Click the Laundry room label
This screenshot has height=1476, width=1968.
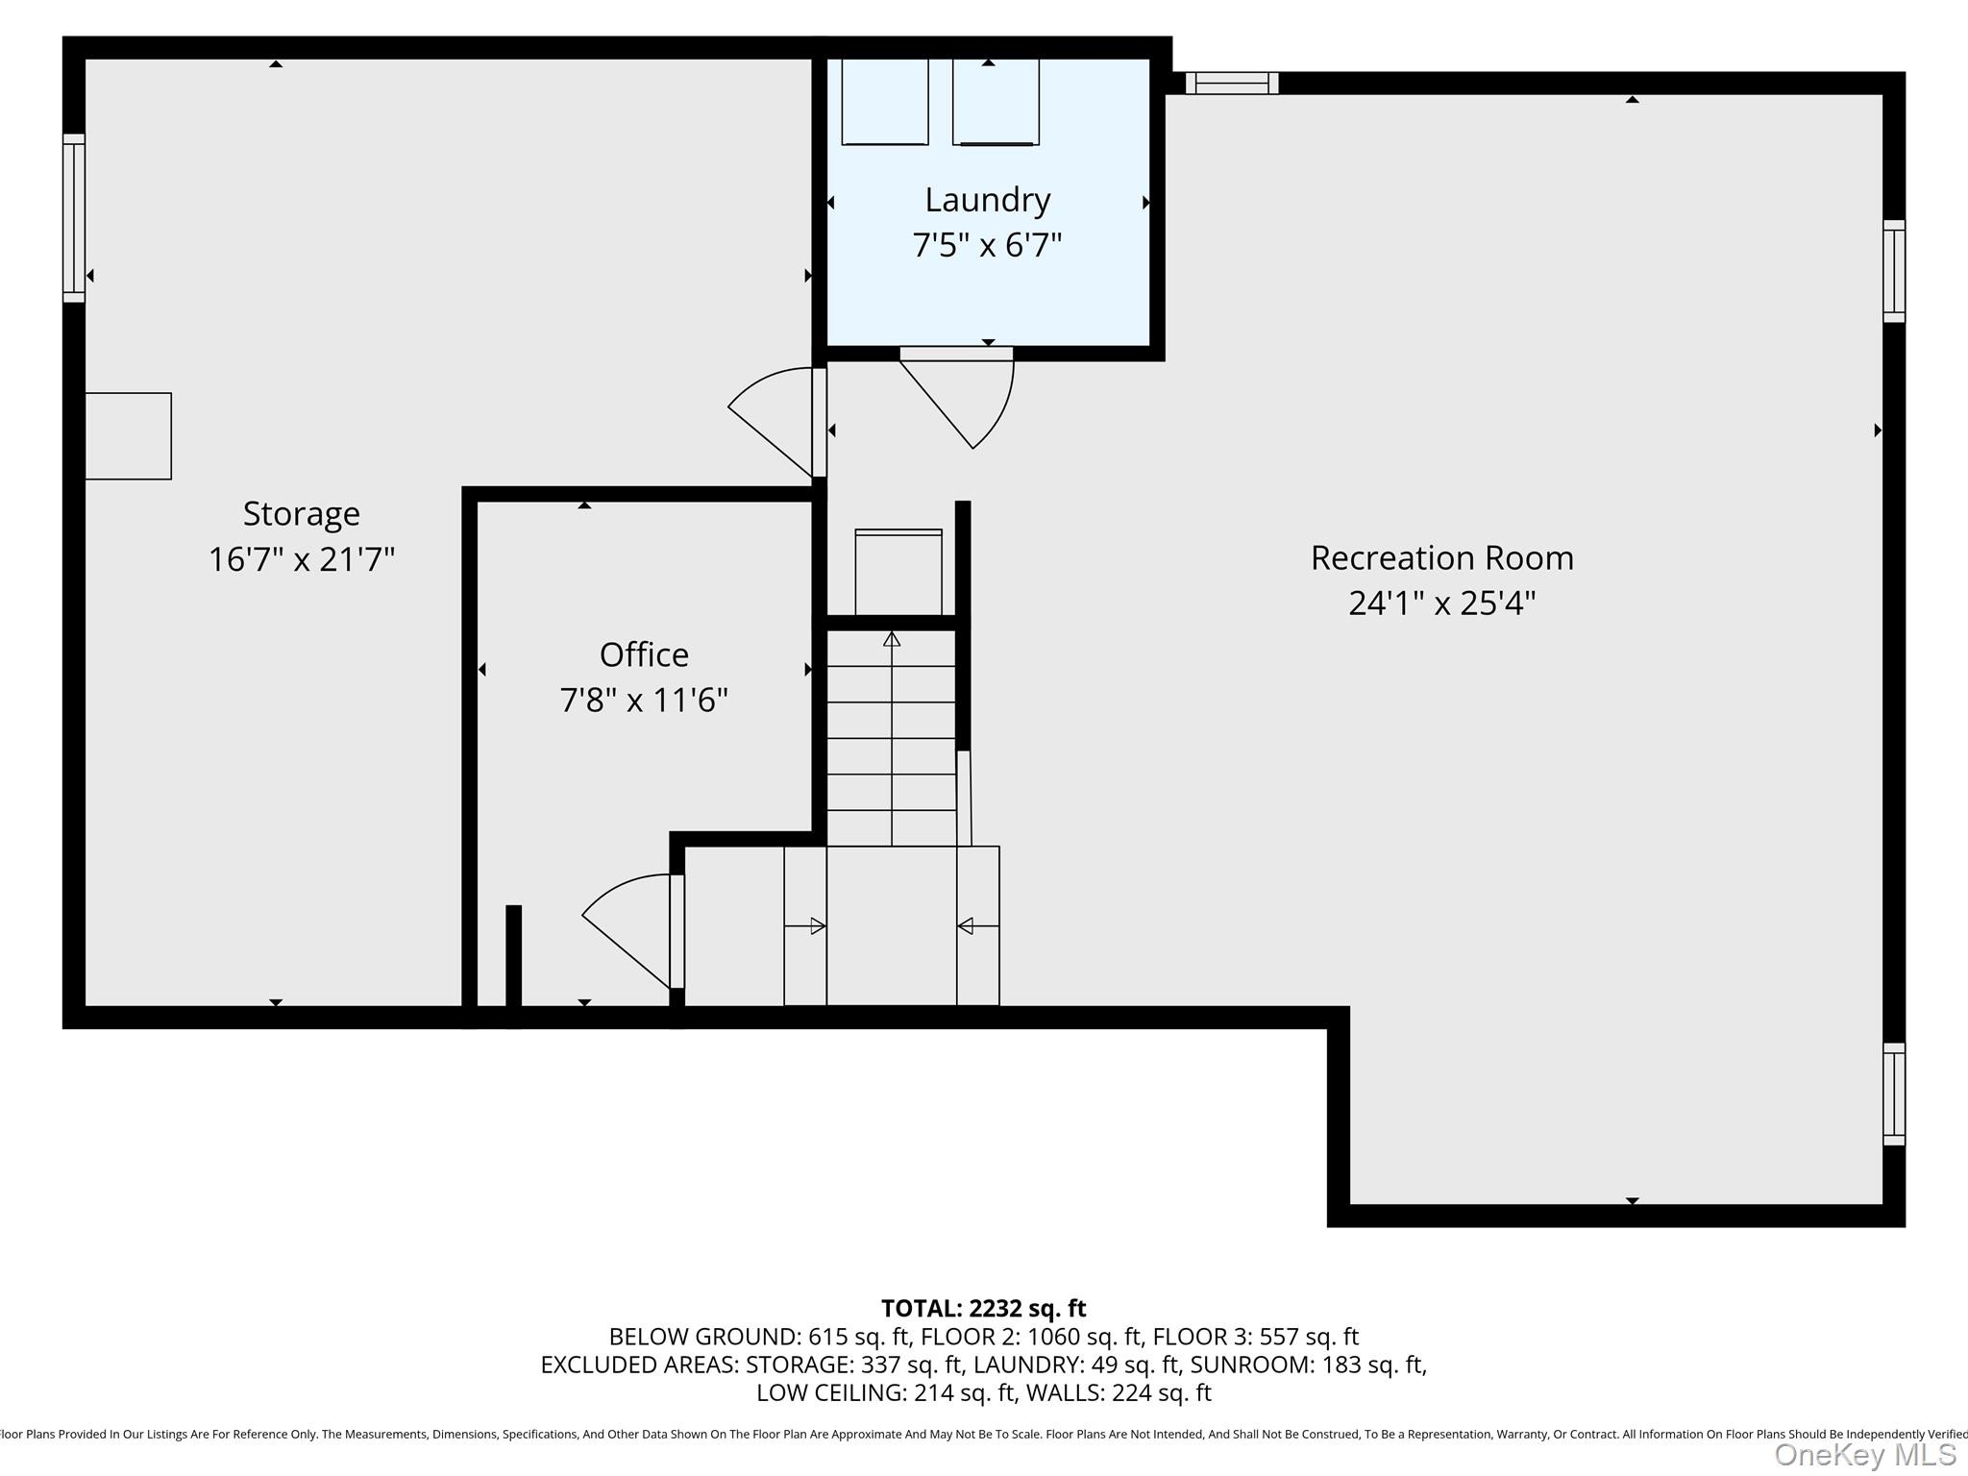(987, 200)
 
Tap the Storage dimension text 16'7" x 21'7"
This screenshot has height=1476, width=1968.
(302, 558)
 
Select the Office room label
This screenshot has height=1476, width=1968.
(644, 654)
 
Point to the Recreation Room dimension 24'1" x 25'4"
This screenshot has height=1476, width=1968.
(1441, 603)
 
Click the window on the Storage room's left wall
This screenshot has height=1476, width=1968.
(74, 218)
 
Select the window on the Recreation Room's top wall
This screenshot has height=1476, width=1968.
(1231, 84)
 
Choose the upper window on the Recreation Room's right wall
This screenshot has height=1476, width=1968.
(1893, 271)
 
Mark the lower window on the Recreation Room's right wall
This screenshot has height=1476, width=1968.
(1893, 1094)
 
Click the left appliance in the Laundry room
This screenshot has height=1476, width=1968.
(885, 102)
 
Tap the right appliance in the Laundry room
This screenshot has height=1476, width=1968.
(996, 102)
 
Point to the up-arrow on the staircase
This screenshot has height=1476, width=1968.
(892, 639)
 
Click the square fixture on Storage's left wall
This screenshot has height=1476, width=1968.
(129, 435)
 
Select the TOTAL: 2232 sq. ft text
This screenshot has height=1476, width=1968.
(983, 1308)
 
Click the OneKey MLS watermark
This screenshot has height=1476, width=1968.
(1864, 1455)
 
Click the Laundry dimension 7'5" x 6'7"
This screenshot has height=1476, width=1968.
(987, 246)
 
